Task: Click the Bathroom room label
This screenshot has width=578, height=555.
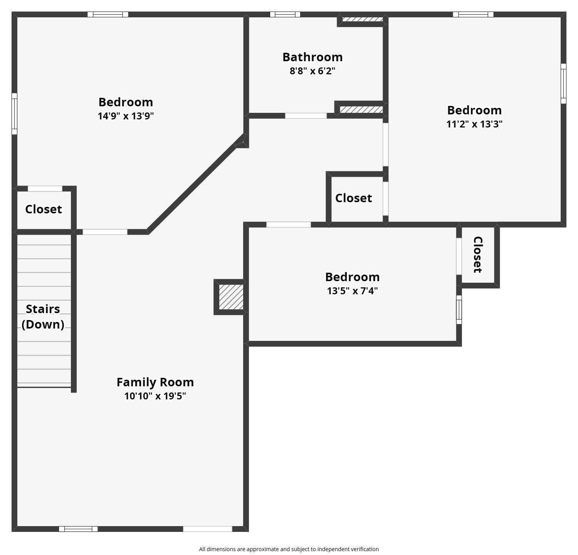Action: click(313, 57)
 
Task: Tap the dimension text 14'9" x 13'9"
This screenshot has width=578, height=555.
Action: click(126, 116)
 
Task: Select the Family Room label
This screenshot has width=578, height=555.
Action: click(155, 382)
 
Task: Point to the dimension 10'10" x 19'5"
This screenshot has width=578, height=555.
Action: click(155, 396)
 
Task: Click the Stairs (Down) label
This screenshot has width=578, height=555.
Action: click(43, 317)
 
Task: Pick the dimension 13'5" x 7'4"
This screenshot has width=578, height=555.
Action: click(352, 291)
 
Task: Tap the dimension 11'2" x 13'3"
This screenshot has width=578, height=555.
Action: click(474, 124)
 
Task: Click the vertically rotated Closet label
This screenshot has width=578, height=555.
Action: click(478, 255)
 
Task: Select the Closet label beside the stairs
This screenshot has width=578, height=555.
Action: click(44, 209)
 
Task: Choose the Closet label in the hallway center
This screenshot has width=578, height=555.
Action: click(353, 198)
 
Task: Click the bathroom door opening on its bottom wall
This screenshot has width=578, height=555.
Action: click(306, 116)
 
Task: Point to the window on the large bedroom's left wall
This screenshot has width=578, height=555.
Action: click(14, 114)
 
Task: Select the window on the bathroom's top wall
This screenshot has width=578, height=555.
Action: click(285, 15)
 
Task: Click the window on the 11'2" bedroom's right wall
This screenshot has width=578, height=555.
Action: click(563, 84)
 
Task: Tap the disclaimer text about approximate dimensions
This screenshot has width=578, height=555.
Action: click(289, 549)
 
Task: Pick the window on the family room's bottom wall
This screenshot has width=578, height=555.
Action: click(78, 529)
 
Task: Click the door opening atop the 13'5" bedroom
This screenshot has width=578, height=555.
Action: click(289, 225)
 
